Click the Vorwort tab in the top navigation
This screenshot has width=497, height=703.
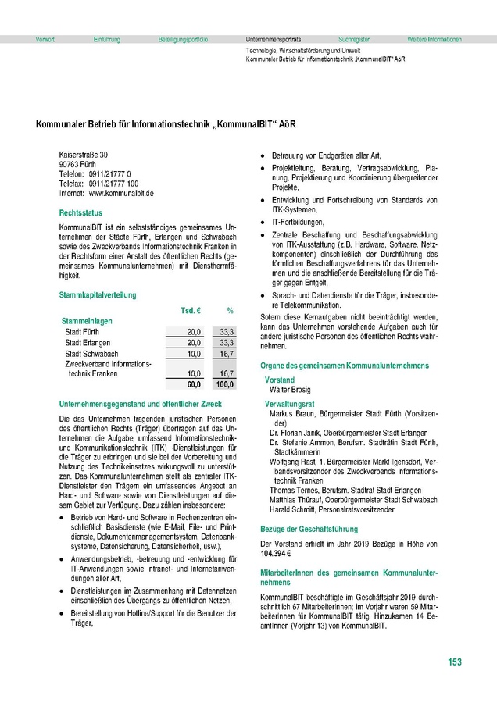click(45, 38)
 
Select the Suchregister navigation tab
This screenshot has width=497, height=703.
click(354, 38)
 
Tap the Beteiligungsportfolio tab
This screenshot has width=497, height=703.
click(183, 38)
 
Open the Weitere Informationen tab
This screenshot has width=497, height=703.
click(434, 38)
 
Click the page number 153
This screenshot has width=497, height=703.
click(455, 663)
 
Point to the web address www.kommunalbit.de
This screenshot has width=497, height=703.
click(121, 192)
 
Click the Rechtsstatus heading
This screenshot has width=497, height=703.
click(80, 212)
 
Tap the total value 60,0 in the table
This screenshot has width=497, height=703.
click(194, 385)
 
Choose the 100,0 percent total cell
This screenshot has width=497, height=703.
click(224, 385)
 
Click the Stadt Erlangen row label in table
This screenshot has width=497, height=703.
click(86, 343)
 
